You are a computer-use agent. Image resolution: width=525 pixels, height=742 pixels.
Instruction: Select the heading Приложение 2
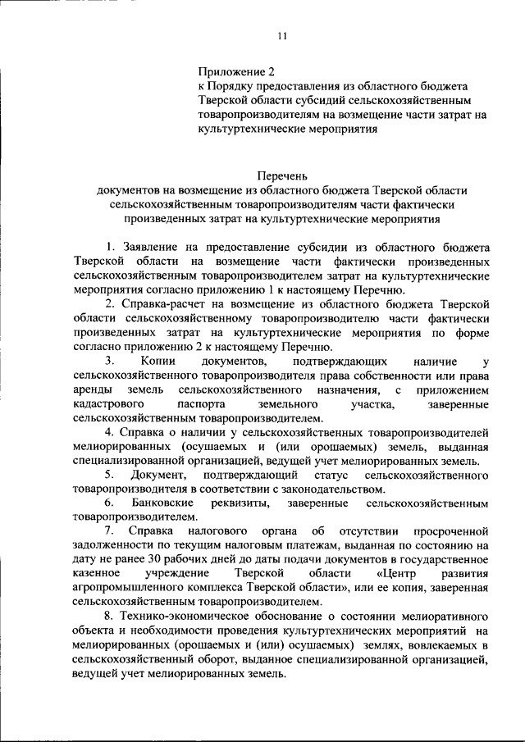coord(232,71)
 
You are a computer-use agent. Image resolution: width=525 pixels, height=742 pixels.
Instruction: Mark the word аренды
coord(91,390)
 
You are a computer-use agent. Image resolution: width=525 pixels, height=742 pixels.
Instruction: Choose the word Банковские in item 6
coord(167,503)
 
